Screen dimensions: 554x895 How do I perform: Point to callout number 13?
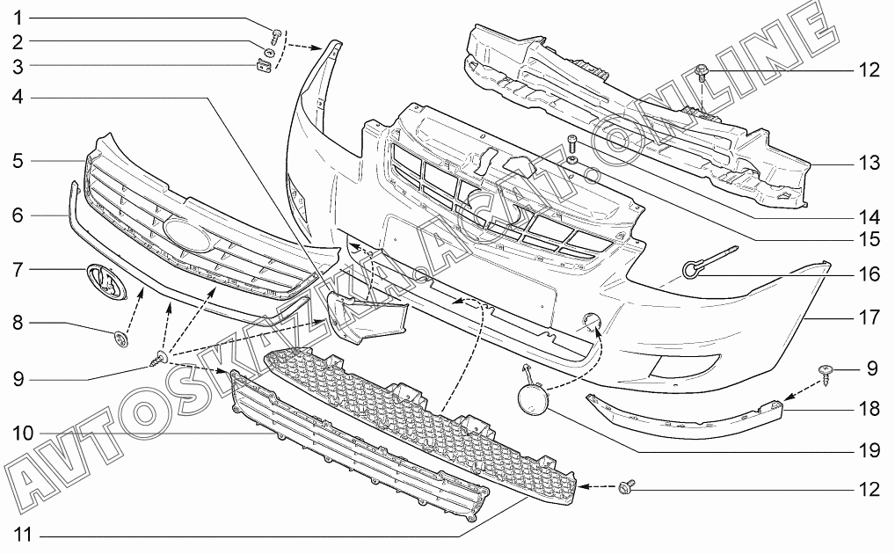869,164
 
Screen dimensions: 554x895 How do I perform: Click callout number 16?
869,274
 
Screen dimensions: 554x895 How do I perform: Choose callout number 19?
869,450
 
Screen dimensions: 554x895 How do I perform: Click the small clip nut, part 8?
120,336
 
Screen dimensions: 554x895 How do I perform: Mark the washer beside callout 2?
270,52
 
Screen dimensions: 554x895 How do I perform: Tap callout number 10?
24,433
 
